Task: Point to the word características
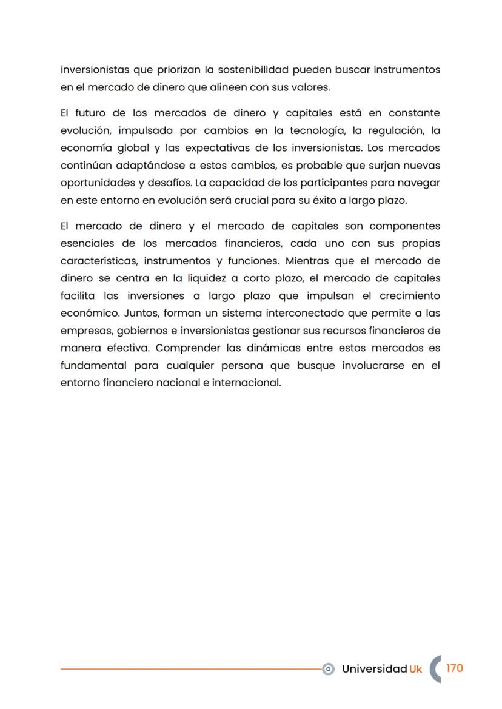99,261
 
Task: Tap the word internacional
247,383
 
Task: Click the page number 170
455,668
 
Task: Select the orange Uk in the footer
415,669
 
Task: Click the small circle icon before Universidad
328,669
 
